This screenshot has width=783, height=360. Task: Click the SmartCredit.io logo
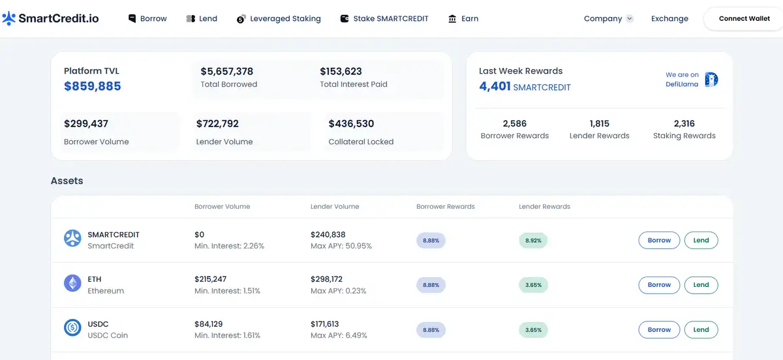51,18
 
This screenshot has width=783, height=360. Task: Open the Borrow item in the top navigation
147,19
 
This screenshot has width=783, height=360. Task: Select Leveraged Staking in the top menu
279,19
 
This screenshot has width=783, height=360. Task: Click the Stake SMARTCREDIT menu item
384,19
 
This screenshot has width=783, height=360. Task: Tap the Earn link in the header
463,19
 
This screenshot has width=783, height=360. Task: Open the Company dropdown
608,19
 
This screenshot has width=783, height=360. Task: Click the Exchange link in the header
669,19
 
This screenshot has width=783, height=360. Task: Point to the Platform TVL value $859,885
93,86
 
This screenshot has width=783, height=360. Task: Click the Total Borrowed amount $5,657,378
226,72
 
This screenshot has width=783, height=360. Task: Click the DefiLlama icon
711,80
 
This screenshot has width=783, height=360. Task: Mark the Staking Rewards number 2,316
684,124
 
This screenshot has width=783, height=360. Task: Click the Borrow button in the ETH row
659,285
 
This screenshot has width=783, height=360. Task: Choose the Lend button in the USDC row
701,330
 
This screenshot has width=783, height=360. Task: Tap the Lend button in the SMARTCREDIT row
701,240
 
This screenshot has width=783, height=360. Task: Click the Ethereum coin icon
72,283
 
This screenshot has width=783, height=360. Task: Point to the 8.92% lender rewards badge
533,241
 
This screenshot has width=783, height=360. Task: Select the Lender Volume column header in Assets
335,207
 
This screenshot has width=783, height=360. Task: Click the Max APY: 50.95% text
341,247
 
